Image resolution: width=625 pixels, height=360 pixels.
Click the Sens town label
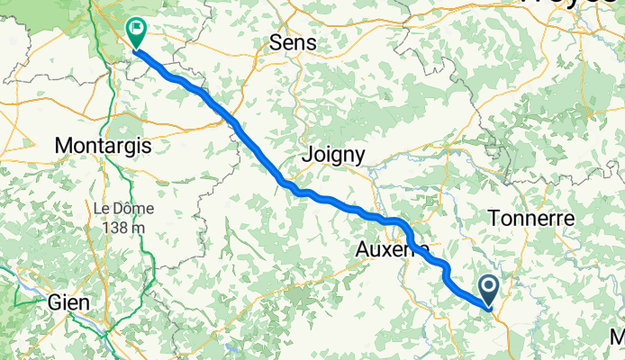[294, 42]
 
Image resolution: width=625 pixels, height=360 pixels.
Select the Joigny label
[335, 156]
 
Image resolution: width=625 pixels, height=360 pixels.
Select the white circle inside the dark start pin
[491, 288]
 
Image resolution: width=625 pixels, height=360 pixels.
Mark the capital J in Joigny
[309, 155]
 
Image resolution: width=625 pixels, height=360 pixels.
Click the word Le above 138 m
[102, 208]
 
